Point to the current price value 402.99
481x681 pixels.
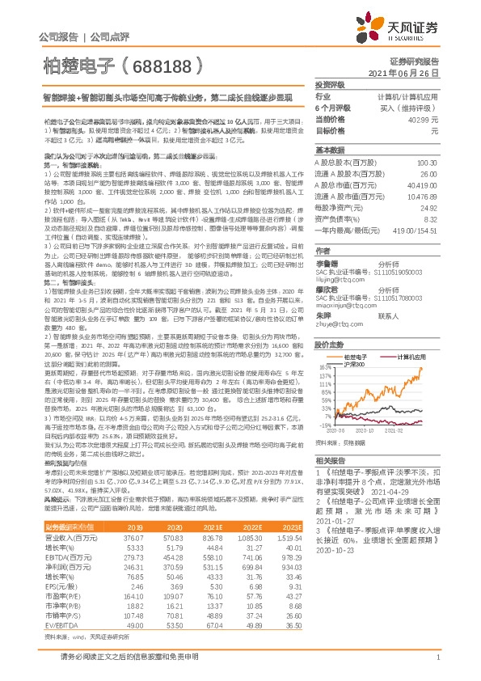424,120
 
